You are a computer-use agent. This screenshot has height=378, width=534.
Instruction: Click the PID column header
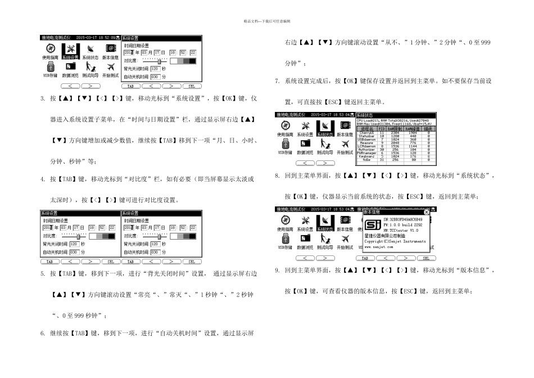pos(382,129)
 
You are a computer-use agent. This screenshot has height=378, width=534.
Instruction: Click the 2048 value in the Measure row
pos(395,142)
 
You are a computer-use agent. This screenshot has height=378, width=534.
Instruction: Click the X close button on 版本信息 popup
pos(426,212)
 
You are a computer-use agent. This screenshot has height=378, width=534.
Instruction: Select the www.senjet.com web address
pos(379,246)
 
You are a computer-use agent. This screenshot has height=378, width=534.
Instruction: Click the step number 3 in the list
pos(43,99)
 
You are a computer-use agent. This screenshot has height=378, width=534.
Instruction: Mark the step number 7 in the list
pos(277,81)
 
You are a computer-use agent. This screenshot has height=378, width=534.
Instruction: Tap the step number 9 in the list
pos(277,270)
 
